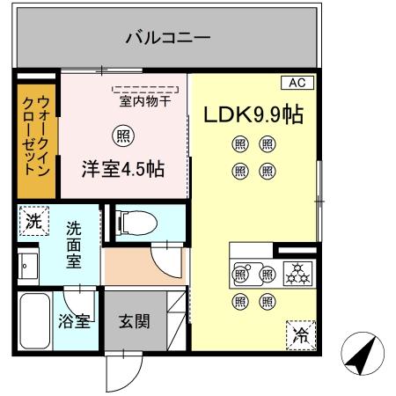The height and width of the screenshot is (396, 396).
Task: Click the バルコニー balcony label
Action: (x=167, y=38)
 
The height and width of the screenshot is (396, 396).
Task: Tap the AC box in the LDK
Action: (x=297, y=83)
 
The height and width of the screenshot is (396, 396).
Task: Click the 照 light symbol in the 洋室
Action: (x=125, y=136)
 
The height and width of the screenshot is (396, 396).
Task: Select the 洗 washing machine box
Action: (x=33, y=222)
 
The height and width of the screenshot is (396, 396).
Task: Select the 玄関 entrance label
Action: (x=134, y=319)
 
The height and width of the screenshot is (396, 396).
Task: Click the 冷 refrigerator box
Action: (x=301, y=334)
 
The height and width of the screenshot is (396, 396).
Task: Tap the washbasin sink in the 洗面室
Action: (x=27, y=264)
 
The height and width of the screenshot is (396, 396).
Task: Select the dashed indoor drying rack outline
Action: (x=146, y=89)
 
